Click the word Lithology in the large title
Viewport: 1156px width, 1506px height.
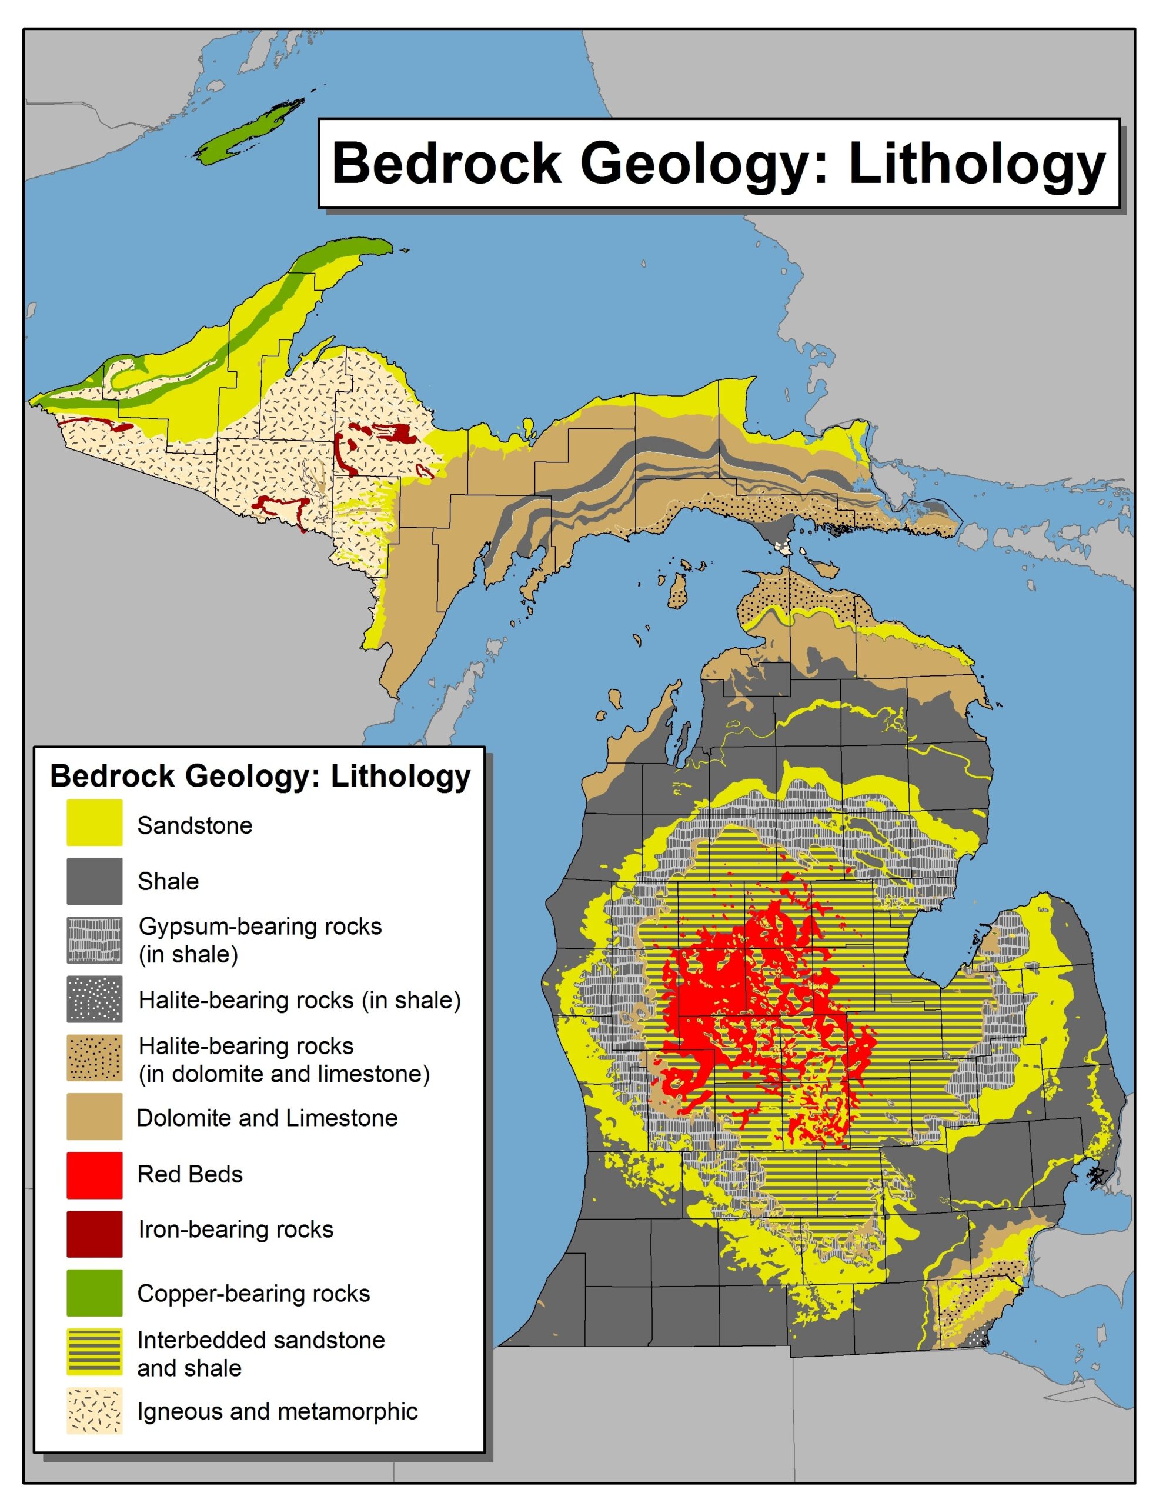coord(977,165)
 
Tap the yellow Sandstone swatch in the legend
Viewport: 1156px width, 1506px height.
coord(94,822)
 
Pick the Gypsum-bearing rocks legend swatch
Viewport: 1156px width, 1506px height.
coord(94,939)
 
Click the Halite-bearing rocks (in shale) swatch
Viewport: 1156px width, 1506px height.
coord(94,998)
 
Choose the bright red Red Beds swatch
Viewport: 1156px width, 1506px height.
coord(94,1174)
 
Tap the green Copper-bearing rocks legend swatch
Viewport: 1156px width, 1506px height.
coord(94,1292)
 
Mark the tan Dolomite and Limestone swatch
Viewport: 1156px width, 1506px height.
coord(94,1116)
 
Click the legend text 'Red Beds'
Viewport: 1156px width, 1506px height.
coord(190,1174)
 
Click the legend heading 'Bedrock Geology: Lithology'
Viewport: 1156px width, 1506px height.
coord(260,776)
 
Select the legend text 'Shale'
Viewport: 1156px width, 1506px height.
coord(168,881)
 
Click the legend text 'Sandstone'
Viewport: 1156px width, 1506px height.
coord(195,825)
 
